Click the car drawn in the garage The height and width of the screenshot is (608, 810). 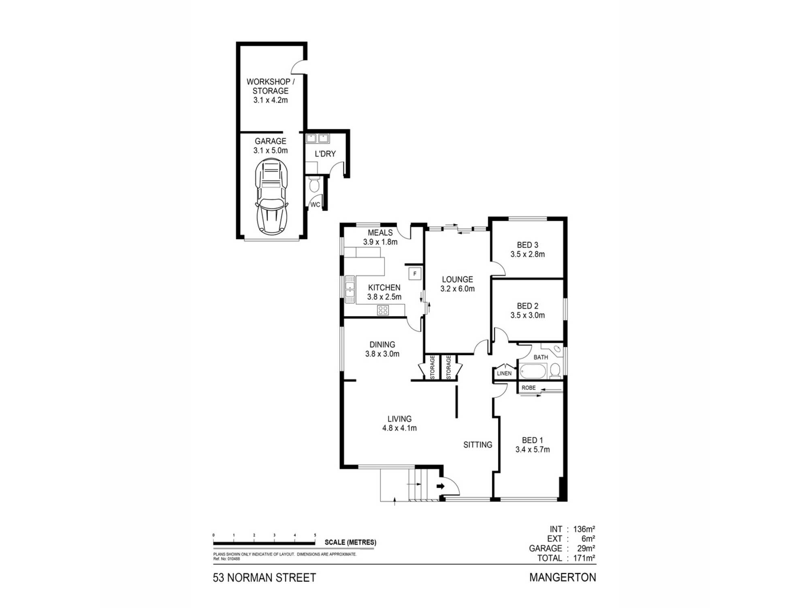[271, 197]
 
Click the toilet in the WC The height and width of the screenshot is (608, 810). [314, 186]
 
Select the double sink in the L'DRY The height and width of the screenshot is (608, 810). [317, 139]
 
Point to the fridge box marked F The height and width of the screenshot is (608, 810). [415, 274]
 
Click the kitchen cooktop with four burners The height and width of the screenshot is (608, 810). [383, 310]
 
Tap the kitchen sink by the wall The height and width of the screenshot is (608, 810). [350, 289]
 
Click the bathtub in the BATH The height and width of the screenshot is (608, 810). [533, 371]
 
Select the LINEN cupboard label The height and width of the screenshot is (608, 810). [504, 373]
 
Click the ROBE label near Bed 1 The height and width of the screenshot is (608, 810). [529, 388]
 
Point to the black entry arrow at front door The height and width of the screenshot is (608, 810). [441, 486]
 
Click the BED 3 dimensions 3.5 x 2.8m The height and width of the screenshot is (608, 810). [527, 255]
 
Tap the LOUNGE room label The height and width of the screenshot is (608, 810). [457, 279]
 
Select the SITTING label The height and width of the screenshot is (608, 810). [477, 445]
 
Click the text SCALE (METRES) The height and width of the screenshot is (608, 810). [350, 542]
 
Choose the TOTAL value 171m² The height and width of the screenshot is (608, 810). [584, 558]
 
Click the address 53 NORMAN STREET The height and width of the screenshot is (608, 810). [264, 578]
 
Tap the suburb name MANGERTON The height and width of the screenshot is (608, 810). [563, 577]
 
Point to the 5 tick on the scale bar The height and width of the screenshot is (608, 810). [315, 535]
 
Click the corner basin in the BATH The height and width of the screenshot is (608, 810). [557, 349]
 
